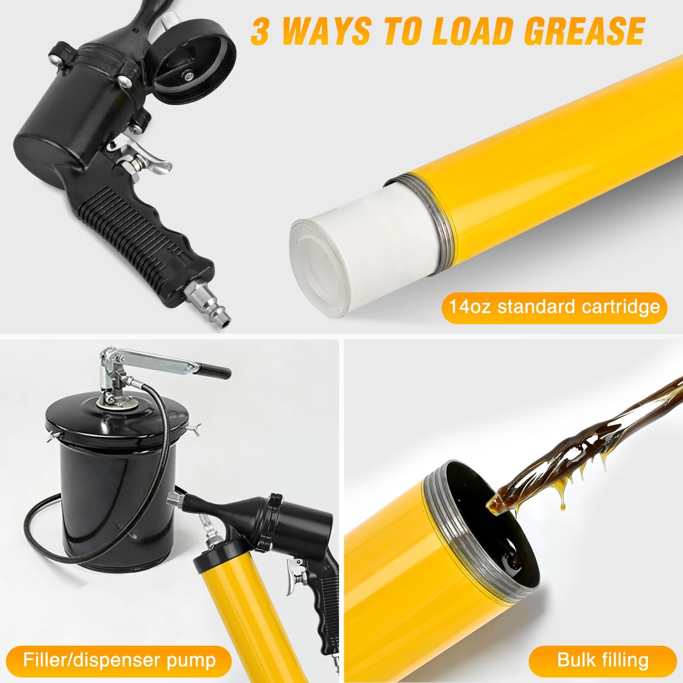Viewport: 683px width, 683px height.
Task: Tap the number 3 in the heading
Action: pos(261,31)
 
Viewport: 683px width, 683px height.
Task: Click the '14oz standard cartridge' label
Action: pos(555,306)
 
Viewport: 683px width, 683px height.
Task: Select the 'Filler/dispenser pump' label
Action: pos(119,660)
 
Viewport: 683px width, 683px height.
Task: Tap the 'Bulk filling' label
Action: pos(603,660)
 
